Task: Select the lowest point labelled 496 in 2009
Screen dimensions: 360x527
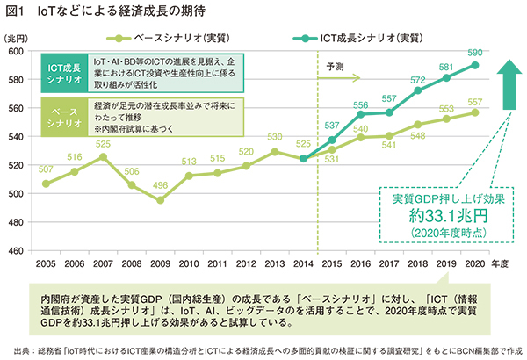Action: coord(161,200)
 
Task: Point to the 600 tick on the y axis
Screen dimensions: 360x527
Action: coord(17,51)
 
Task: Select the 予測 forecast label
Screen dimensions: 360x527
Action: coord(336,67)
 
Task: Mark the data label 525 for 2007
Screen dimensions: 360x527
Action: coord(103,144)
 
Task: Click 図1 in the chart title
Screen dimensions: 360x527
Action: coord(17,12)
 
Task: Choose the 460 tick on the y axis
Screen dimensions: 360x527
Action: coord(17,251)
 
